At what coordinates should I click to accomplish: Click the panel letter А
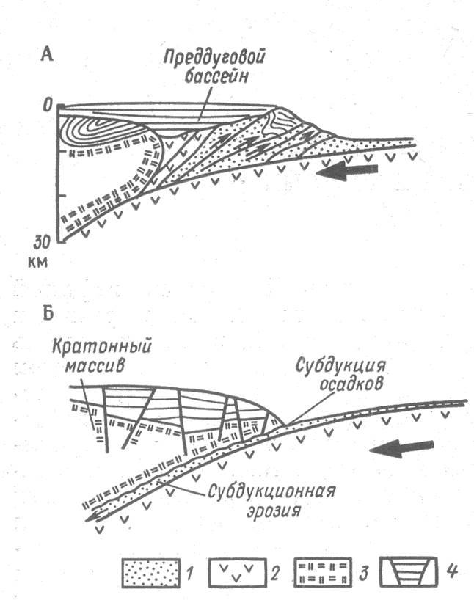pyautogui.click(x=47, y=54)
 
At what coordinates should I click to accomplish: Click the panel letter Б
pyautogui.click(x=47, y=312)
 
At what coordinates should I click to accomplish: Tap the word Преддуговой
pyautogui.click(x=215, y=59)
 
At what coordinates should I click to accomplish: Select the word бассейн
pyautogui.click(x=216, y=77)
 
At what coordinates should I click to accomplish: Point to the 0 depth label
pyautogui.click(x=47, y=104)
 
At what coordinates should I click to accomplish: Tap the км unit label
pyautogui.click(x=38, y=263)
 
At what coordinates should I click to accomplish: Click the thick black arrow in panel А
pyautogui.click(x=347, y=172)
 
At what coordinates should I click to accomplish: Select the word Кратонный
pyautogui.click(x=102, y=347)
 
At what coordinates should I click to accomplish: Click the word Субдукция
pyautogui.click(x=340, y=366)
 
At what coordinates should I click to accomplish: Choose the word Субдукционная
pyautogui.click(x=271, y=491)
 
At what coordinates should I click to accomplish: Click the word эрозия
pyautogui.click(x=273, y=511)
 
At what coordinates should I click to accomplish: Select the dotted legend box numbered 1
pyautogui.click(x=151, y=573)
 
